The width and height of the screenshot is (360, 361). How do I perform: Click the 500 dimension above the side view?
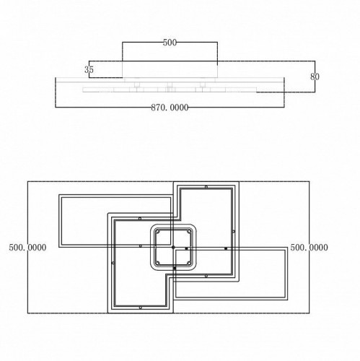[x=170, y=43]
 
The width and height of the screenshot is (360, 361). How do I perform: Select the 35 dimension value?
[x=89, y=70]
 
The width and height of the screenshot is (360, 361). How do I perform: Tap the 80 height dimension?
[x=315, y=76]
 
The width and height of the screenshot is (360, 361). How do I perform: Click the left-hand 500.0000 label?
[x=27, y=248]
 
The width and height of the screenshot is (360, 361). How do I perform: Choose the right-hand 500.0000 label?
[x=309, y=248]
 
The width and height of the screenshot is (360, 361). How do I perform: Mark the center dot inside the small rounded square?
[x=173, y=248]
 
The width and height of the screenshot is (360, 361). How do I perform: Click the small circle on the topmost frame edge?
[x=206, y=187]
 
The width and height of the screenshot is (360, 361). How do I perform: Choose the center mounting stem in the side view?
[x=169, y=87]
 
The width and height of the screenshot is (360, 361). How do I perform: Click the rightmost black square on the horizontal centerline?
[x=226, y=248]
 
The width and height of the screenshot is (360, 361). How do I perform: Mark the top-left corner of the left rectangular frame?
[x=59, y=195]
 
